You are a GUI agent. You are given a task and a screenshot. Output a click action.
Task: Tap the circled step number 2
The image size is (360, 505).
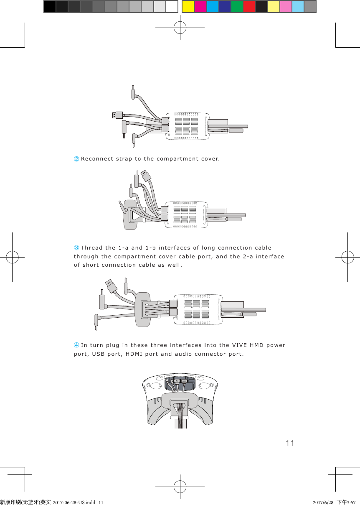point(76,159)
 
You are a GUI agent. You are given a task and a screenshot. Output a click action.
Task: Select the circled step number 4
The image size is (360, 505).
point(76,345)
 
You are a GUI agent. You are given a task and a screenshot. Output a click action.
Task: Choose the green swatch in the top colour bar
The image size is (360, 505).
point(237,6)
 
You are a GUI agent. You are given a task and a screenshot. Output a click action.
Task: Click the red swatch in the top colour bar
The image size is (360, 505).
point(249,6)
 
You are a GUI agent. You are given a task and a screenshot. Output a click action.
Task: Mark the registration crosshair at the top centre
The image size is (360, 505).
point(180,28)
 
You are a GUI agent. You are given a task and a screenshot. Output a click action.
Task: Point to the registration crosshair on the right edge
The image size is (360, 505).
point(347,257)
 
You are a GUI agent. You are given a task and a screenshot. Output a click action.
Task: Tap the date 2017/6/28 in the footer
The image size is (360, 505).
point(323,502)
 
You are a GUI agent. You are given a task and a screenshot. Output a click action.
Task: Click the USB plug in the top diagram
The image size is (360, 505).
point(117,115)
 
